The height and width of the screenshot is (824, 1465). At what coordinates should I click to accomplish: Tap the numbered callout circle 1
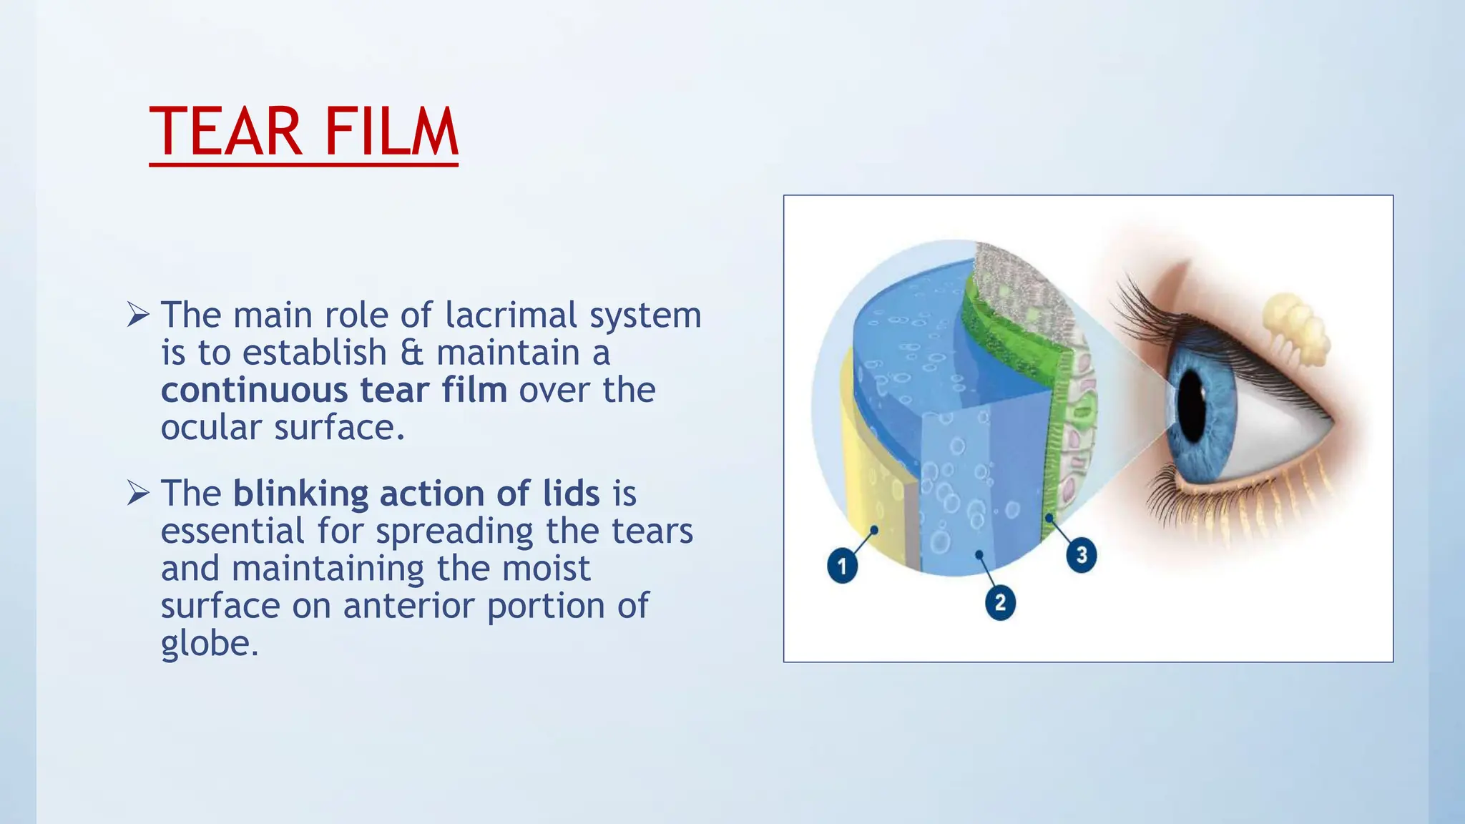coord(842,566)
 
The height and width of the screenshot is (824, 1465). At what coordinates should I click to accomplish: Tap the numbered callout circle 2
coord(1000,602)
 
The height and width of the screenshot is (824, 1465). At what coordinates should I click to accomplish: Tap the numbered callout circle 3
coord(1082,555)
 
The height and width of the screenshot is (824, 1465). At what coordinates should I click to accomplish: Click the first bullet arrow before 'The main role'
coord(138,314)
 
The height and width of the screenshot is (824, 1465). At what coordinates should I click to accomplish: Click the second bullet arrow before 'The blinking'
coord(138,493)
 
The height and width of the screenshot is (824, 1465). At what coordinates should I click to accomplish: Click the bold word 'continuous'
coord(254,390)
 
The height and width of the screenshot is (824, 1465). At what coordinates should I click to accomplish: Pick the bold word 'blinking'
coord(300,494)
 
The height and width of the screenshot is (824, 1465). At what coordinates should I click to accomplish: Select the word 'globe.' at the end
coord(209,643)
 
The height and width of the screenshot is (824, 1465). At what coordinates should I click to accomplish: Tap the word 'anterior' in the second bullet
coord(409,606)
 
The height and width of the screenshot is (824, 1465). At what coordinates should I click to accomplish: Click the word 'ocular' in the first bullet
coord(211,428)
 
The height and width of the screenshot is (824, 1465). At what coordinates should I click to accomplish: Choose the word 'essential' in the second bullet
coord(232,531)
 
